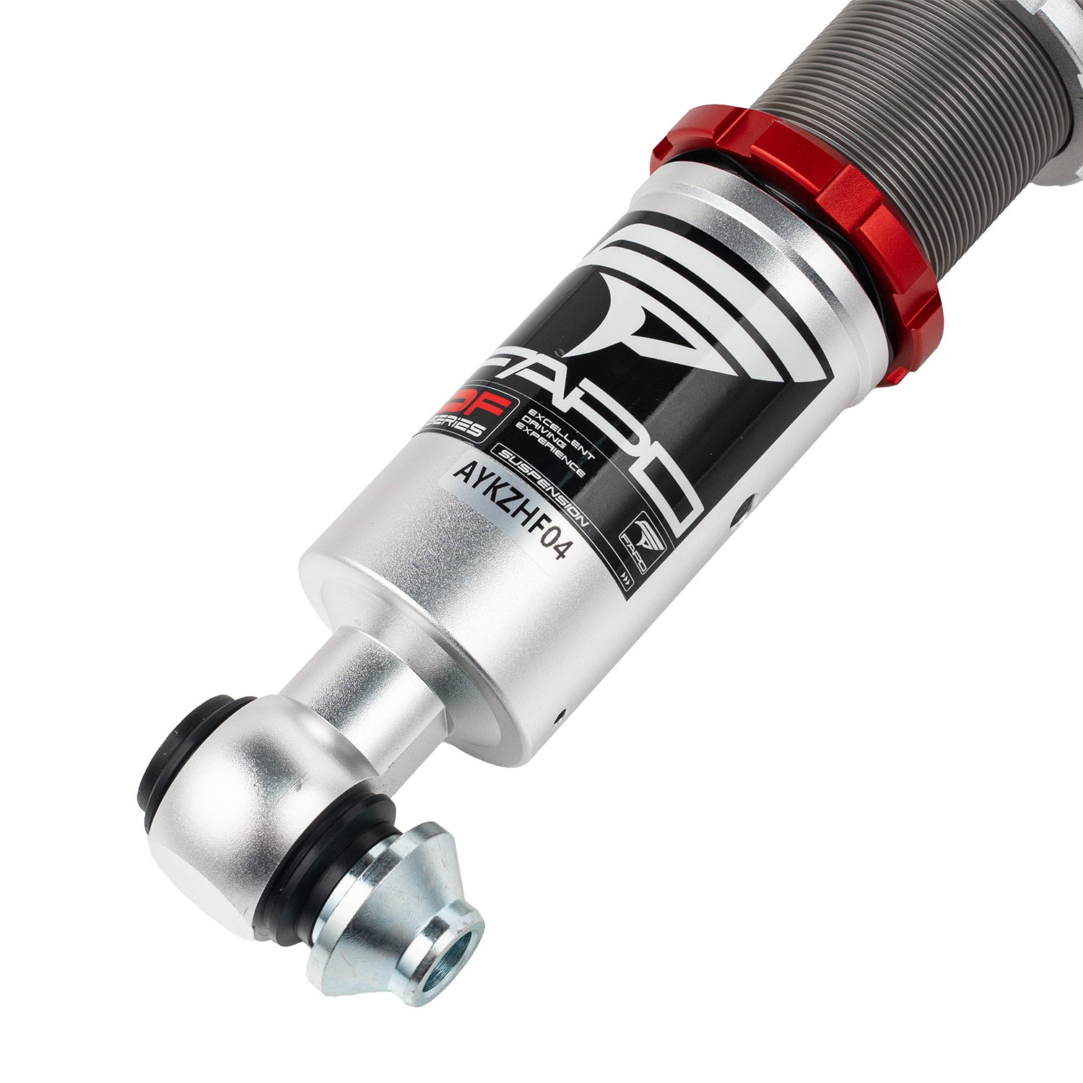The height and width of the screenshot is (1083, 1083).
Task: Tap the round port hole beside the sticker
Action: tap(737, 517)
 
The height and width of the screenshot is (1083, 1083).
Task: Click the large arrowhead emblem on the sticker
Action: tap(635, 303)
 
